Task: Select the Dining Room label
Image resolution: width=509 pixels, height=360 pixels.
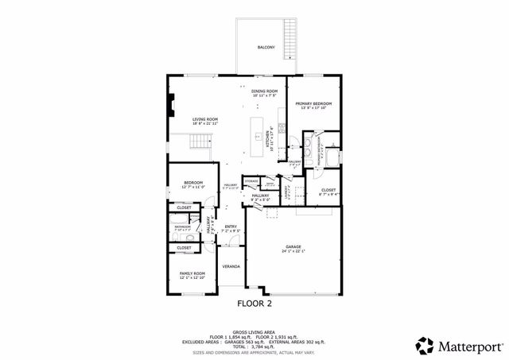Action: point(265,91)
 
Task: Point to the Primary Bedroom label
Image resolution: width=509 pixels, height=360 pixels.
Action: point(313,104)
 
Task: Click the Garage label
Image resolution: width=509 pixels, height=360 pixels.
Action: point(293,248)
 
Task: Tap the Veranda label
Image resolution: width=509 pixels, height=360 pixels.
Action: point(231,266)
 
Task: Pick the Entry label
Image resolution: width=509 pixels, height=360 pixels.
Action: point(231,227)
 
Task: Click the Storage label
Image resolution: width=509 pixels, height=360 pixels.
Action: point(251,181)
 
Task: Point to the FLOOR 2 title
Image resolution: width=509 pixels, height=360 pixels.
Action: point(254,303)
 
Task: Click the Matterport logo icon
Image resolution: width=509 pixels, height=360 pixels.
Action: point(425,345)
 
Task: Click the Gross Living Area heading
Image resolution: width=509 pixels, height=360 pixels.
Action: point(254,331)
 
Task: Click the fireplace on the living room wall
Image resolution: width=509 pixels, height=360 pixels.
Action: point(169,105)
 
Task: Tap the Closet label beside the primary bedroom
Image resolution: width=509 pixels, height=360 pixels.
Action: point(328,191)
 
